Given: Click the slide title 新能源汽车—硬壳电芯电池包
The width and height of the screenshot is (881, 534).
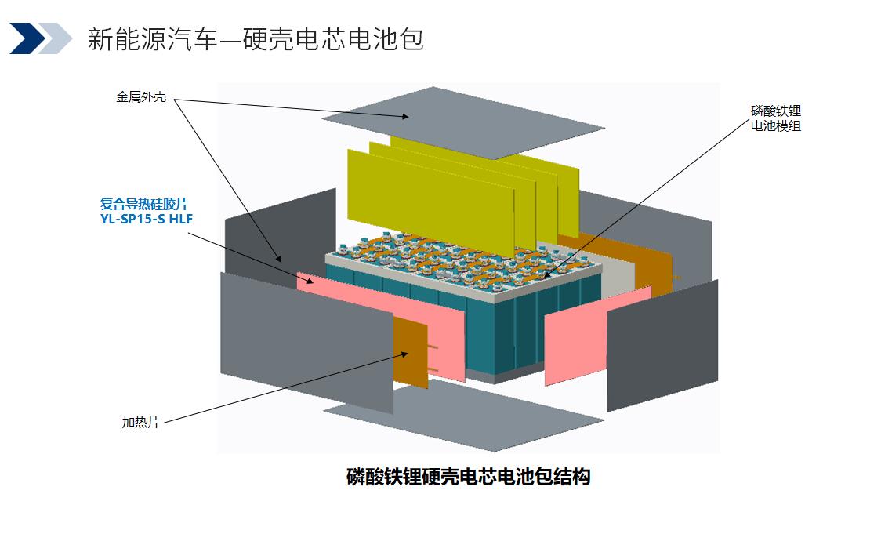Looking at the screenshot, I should (x=256, y=38).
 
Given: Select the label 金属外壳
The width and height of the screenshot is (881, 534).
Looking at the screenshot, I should (x=141, y=98).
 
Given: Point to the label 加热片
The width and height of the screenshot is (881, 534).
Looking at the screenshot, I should (x=140, y=422).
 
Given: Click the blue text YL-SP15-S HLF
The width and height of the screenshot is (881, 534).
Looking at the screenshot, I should (x=147, y=220).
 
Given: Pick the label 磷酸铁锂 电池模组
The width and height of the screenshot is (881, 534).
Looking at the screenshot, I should (x=775, y=118).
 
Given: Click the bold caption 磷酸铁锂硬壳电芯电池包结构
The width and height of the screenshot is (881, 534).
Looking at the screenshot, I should (x=468, y=476).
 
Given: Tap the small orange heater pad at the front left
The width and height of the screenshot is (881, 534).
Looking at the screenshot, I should (x=410, y=353).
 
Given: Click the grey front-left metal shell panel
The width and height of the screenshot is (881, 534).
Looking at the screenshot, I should (x=306, y=341).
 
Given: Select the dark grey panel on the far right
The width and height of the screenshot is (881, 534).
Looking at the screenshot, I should (x=662, y=345).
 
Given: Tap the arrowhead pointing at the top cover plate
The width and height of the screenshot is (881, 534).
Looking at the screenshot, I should (x=405, y=116).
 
